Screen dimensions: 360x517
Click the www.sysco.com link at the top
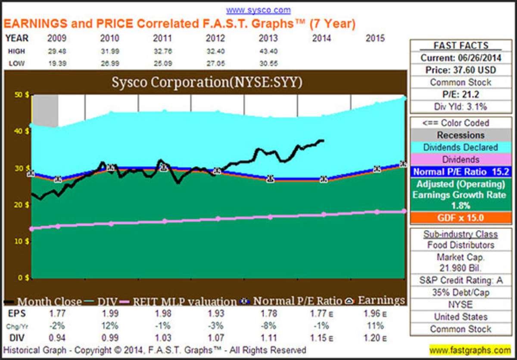[258, 10]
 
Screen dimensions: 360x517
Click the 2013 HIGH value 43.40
[268, 51]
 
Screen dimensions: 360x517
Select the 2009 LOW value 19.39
[56, 64]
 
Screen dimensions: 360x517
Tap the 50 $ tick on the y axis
[24, 95]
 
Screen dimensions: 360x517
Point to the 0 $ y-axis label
[24, 278]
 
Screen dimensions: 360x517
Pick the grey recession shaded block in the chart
[46, 110]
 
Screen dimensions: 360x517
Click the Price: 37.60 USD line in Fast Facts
[461, 69]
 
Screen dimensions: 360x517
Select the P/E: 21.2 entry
[461, 94]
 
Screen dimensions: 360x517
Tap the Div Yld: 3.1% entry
[461, 106]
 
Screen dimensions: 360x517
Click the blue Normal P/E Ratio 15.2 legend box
[461, 172]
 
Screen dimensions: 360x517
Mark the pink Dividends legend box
[461, 159]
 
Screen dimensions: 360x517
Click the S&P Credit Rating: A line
[461, 280]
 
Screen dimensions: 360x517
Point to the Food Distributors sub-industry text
[461, 245]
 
